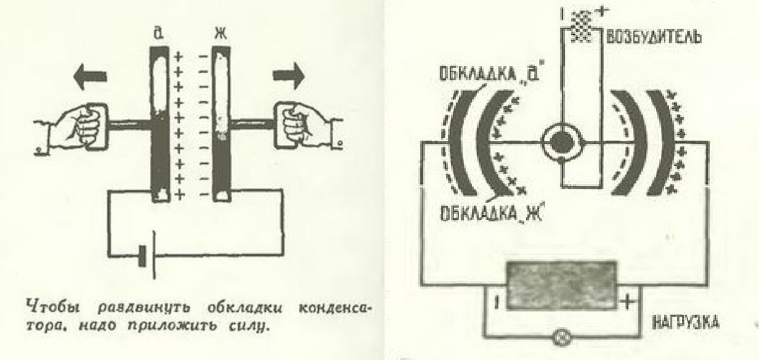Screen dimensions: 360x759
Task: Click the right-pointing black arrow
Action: pyautogui.click(x=288, y=77)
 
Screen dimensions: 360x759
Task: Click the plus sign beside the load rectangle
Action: pyautogui.click(x=626, y=302)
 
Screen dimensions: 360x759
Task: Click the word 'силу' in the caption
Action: pyautogui.click(x=252, y=328)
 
